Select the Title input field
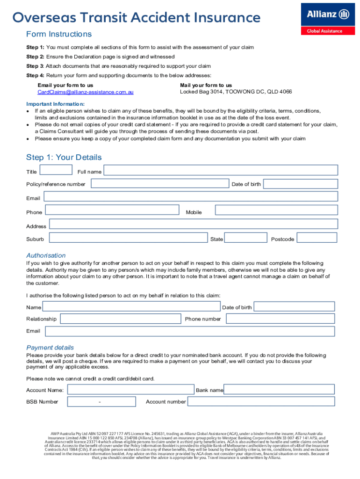[56, 170]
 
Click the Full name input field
[221, 171]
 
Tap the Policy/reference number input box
[160, 183]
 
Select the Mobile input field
[276, 211]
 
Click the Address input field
[193, 224]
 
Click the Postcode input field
[317, 238]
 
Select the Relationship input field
[121, 319]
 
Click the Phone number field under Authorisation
[280, 319]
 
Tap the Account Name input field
[130, 390]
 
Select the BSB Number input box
[101, 401]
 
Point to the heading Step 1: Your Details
[64, 158]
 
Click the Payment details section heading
[50, 348]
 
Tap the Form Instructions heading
[59, 34]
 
